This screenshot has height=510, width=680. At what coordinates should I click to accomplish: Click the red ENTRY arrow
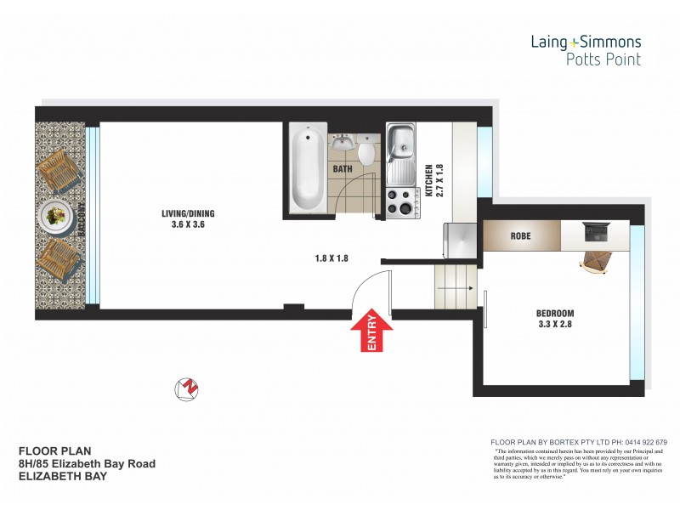tap(371, 331)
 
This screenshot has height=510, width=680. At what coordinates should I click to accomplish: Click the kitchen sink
tap(400, 144)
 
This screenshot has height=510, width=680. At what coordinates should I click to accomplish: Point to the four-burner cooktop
tap(399, 201)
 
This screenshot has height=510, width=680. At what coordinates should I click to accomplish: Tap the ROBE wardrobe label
tap(520, 235)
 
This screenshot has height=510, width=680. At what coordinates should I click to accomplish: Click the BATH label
tap(343, 169)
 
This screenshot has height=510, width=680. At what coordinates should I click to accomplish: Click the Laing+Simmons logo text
tap(586, 41)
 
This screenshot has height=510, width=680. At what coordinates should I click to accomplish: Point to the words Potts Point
tap(603, 59)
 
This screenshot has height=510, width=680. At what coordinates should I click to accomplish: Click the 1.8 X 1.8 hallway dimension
tap(330, 257)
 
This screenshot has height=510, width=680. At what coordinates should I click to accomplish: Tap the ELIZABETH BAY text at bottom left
tap(63, 477)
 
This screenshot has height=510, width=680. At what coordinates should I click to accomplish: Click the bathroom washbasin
tap(343, 141)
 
